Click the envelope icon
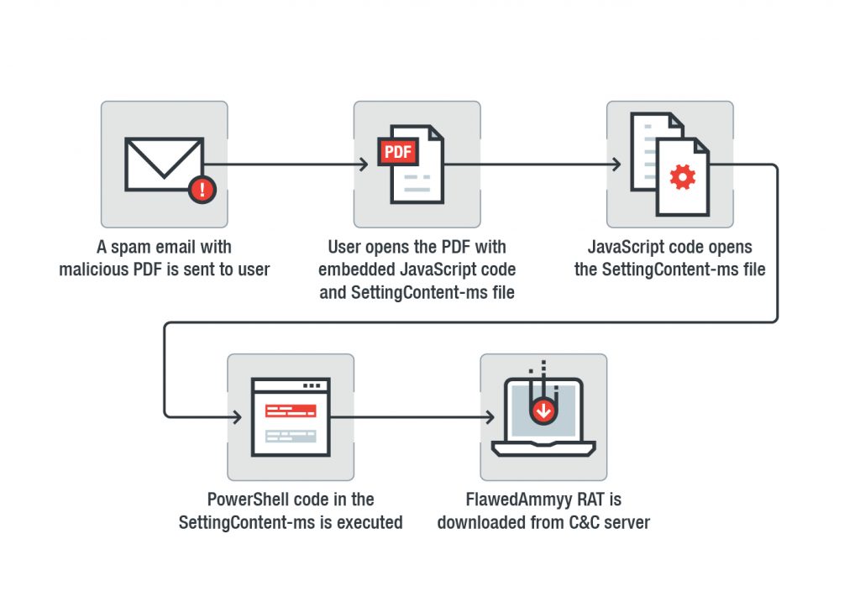[164, 164]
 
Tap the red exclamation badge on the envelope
[202, 189]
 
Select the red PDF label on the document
[398, 153]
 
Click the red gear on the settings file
[683, 177]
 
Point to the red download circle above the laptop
[544, 411]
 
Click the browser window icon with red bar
[291, 417]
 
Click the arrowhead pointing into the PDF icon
[364, 165]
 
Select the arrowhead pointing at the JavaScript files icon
[618, 165]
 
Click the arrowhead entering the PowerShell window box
[239, 416]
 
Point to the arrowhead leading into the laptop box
[492, 416]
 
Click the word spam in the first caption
[129, 248]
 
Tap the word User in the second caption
[346, 248]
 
